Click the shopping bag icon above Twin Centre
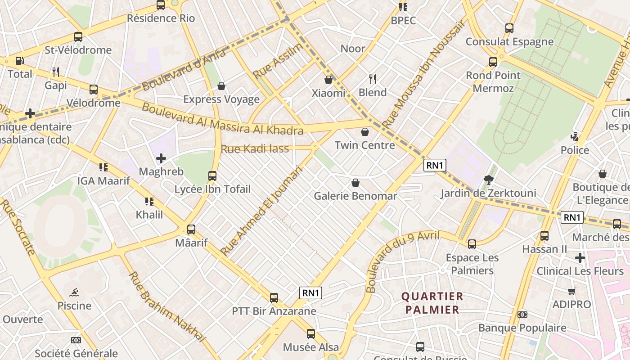[364, 132]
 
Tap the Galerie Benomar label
[355, 196]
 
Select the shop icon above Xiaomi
[328, 80]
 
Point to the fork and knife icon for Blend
[373, 79]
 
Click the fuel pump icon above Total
[20, 61]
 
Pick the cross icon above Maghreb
[161, 158]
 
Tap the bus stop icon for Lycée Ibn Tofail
[212, 176]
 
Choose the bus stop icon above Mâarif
[191, 229]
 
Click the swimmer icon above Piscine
[74, 292]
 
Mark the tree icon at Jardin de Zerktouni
[488, 180]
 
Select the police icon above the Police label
[574, 136]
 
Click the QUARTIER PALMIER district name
[432, 303]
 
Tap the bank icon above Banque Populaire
[522, 315]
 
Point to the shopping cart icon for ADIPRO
[571, 291]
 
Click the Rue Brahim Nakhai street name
[167, 307]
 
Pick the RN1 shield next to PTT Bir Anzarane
[311, 293]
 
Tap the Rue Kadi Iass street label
[255, 148]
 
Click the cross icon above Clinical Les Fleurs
[580, 258]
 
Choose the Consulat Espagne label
[509, 42]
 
